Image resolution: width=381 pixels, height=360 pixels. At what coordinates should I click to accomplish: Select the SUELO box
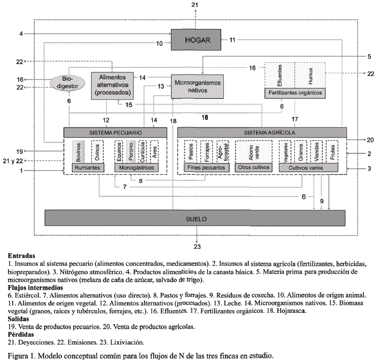[x=195, y=218]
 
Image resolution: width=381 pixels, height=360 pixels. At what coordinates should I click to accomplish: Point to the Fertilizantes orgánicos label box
[x=294, y=93]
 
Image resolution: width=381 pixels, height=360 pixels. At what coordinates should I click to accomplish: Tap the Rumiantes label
[x=86, y=168]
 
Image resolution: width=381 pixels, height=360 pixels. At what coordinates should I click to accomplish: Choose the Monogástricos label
[x=138, y=168]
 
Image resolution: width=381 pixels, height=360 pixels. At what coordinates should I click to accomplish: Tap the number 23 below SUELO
[x=197, y=246]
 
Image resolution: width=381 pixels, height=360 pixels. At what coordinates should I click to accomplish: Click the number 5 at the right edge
[x=369, y=56]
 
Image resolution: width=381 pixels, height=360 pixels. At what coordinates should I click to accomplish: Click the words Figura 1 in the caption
[x=23, y=355]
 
